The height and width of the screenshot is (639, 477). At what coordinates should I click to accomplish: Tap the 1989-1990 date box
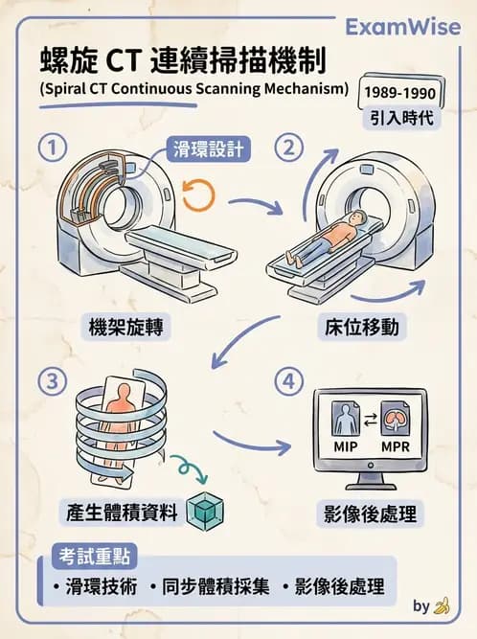coord(398,94)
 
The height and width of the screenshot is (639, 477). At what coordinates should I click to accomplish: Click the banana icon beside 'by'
coord(442,606)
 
